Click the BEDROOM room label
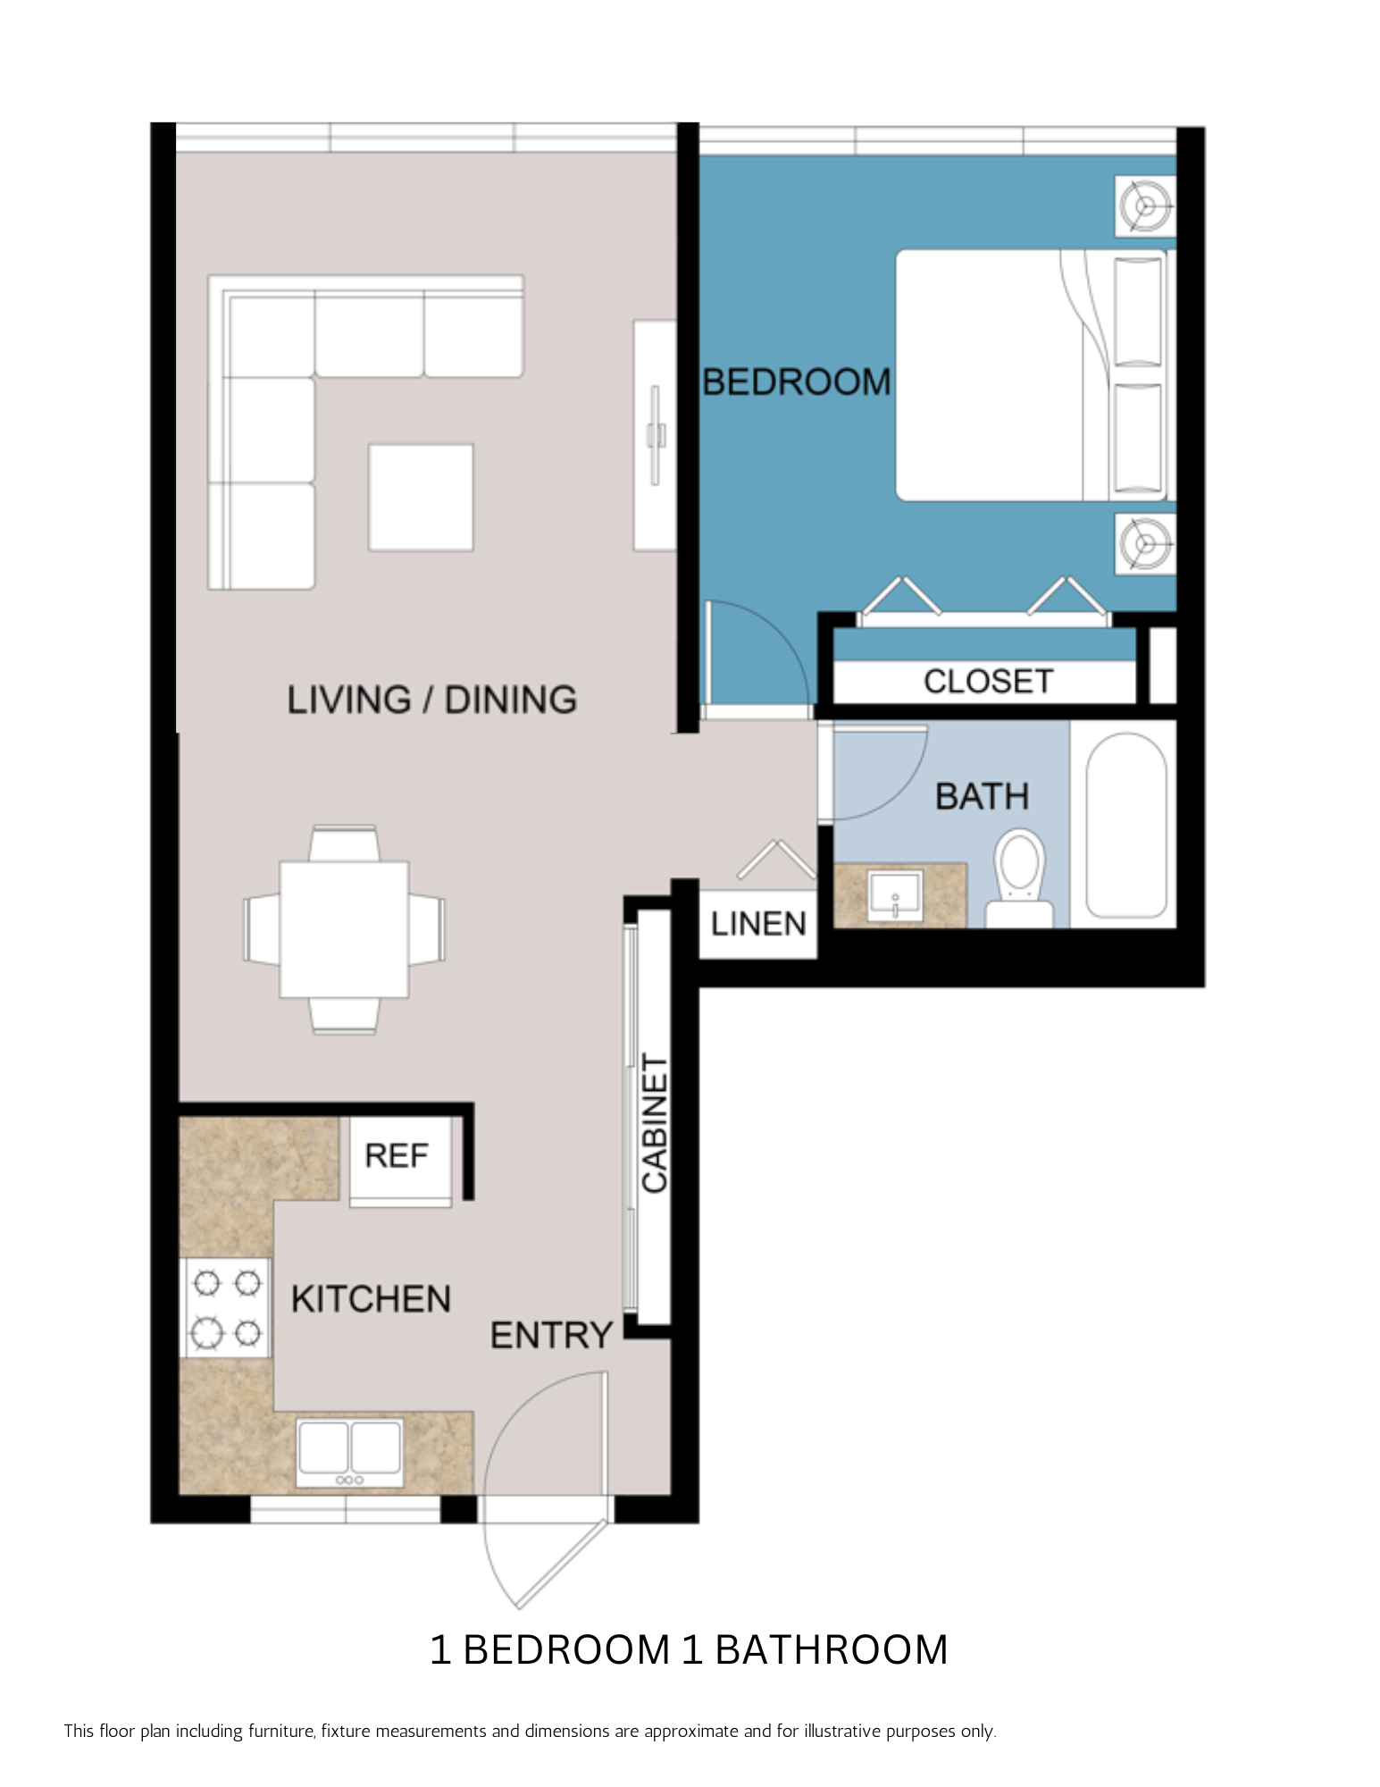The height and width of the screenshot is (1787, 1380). (796, 382)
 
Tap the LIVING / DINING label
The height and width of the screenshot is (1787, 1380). (431, 700)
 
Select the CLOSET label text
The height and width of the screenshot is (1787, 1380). (987, 682)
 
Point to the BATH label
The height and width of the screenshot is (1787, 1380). (982, 796)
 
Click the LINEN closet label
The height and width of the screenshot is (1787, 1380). (757, 924)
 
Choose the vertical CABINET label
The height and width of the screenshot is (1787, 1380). (655, 1123)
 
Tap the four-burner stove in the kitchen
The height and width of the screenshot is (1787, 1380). (227, 1308)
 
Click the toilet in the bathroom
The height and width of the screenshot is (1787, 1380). (1019, 878)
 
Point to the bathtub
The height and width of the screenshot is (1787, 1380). (1125, 826)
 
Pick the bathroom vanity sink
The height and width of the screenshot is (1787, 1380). (894, 896)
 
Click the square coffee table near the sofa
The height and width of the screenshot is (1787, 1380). (421, 498)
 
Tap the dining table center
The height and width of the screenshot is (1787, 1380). (344, 929)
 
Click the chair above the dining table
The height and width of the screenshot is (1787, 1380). (344, 843)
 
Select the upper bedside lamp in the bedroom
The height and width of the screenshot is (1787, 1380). (1144, 206)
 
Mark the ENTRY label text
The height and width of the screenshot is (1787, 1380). (551, 1336)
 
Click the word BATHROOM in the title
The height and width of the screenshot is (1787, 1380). (831, 1650)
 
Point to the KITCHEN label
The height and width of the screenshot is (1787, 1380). (371, 1299)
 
